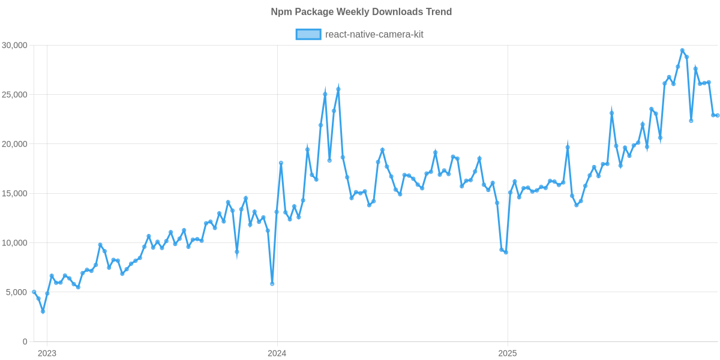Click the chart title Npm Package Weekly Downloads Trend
361,12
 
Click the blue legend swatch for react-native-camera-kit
308,34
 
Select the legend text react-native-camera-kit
374,34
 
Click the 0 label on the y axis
25,342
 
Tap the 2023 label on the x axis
47,353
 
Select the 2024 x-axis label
277,353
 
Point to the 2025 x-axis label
508,353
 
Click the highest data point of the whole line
682,50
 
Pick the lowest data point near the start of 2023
43,312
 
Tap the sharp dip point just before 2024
272,284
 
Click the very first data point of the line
34,292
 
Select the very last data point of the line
718,115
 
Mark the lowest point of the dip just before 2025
506,253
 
